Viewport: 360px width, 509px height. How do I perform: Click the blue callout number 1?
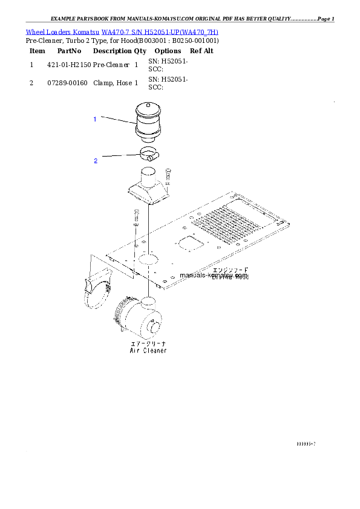94,120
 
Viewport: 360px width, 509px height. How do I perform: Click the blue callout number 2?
96,161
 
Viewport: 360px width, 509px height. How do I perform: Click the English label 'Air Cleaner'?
148,351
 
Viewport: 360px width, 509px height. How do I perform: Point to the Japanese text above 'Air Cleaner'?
148,343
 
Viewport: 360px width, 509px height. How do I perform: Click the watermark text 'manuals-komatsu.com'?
214,275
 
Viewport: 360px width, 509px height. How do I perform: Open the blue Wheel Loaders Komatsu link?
122,31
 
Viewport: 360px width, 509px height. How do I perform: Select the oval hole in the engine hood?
148,260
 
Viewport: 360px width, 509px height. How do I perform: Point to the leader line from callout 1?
117,120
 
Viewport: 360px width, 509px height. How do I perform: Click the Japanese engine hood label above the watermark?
230,270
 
